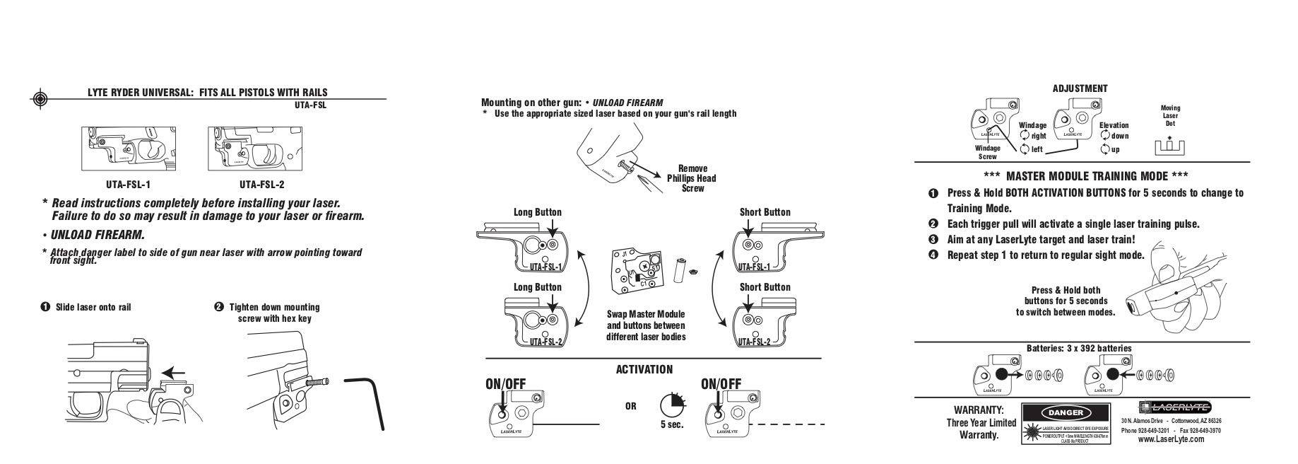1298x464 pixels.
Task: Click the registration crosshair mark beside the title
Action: (40, 98)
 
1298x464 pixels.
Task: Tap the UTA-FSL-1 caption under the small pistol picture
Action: (129, 185)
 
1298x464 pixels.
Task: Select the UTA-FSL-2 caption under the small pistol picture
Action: (261, 185)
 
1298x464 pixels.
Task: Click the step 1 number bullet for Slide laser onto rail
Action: (45, 307)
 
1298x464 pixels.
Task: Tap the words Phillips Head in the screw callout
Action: (692, 178)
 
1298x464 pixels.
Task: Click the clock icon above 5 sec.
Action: (672, 405)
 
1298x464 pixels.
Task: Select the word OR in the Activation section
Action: (630, 407)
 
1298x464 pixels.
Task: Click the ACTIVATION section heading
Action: (644, 369)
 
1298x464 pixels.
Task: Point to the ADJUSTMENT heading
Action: (1080, 88)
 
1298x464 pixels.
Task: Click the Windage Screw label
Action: (987, 152)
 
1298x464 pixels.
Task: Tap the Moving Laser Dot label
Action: (1170, 116)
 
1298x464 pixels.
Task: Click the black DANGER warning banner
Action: (1065, 412)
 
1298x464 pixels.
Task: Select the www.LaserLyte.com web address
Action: (1171, 439)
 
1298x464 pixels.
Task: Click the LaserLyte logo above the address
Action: (1174, 407)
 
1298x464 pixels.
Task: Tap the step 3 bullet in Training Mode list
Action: (933, 240)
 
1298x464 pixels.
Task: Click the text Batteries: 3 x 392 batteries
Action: (1079, 348)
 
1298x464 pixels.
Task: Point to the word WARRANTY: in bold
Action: (979, 410)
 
